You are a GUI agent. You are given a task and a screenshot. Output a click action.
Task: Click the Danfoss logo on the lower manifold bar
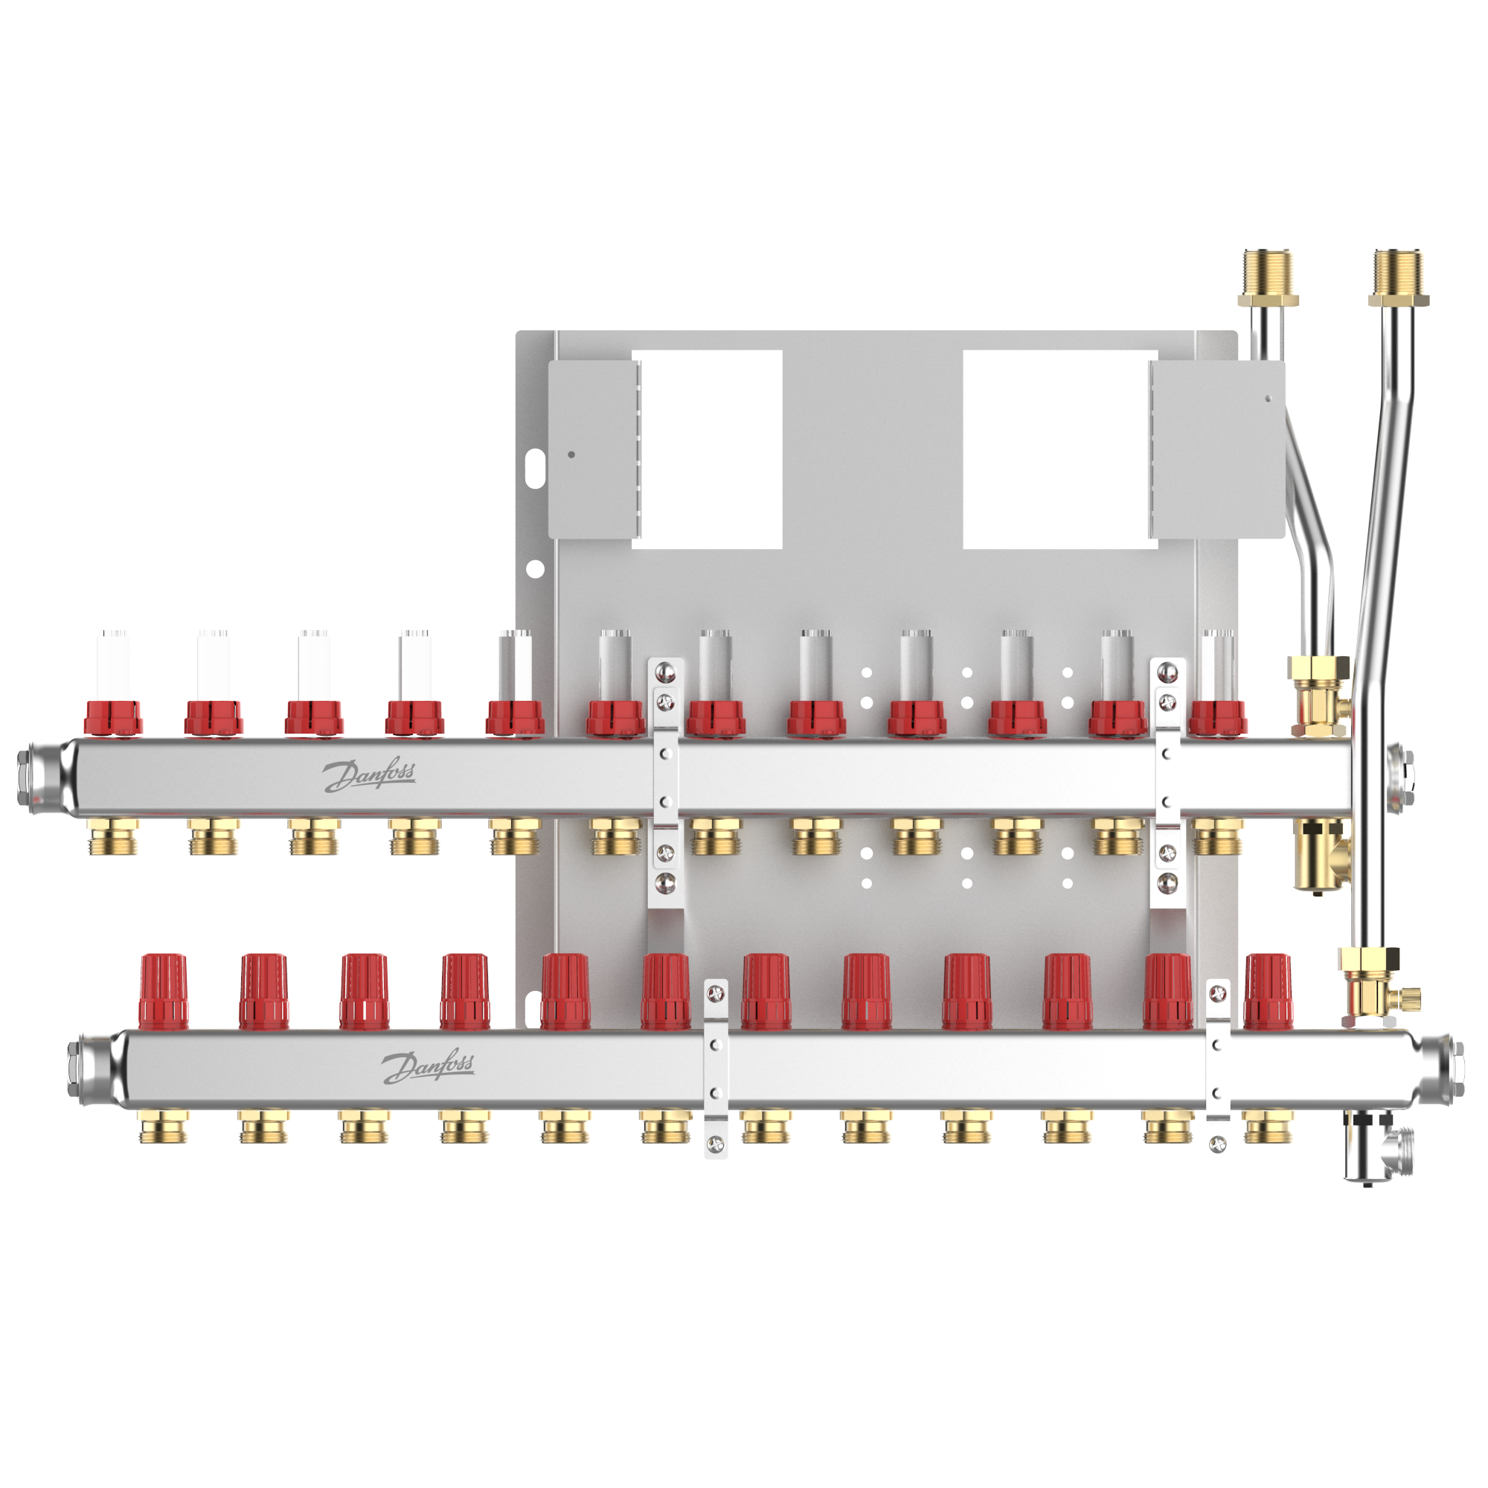tap(429, 1066)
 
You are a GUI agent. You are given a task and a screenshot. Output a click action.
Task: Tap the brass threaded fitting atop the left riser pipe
tap(1269, 278)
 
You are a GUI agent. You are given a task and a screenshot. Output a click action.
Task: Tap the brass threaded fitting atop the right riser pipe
tap(1399, 278)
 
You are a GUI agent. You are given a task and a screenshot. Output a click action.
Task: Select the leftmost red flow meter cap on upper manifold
tap(113, 717)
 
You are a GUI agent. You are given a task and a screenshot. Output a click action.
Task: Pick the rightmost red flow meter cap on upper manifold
tap(1218, 717)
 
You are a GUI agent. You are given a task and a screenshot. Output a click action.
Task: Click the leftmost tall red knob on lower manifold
tap(163, 991)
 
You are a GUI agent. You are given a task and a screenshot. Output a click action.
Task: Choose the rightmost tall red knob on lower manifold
tap(1268, 991)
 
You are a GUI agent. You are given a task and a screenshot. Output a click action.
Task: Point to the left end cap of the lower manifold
tap(96, 1069)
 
